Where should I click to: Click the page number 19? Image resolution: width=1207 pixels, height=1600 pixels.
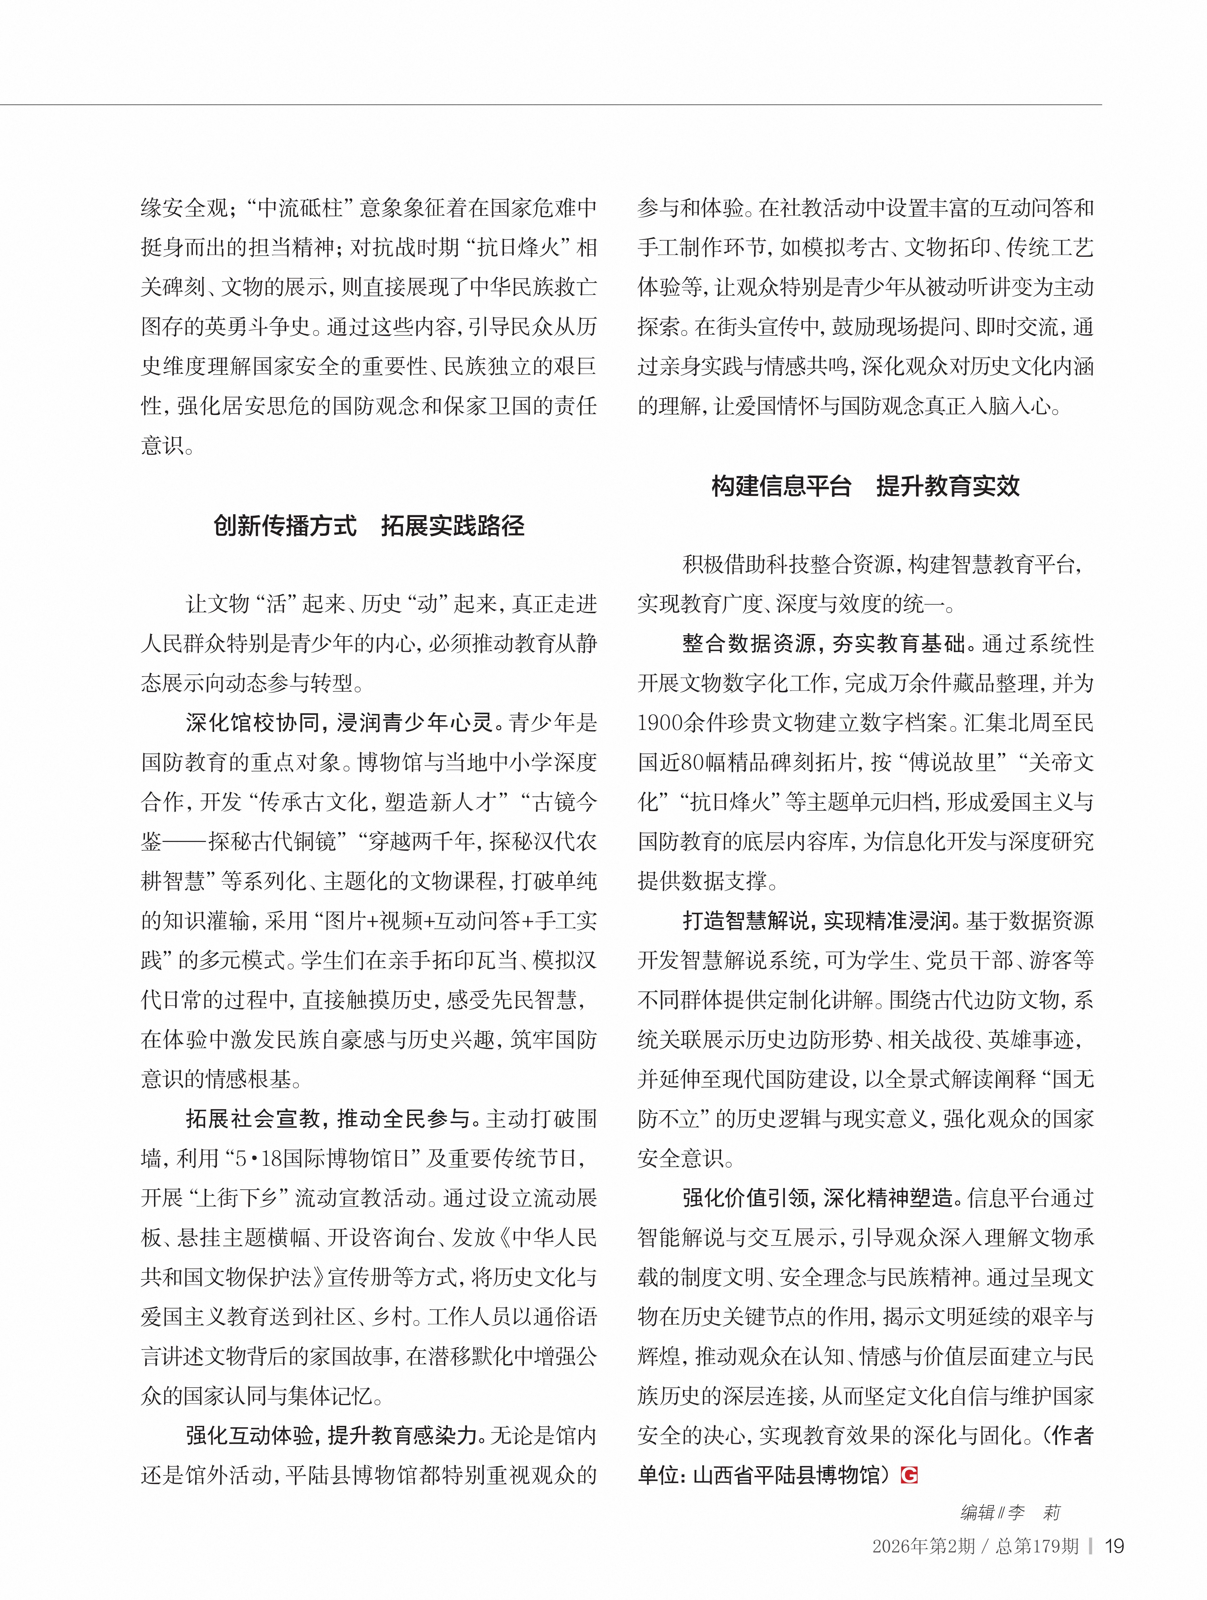tap(1114, 1546)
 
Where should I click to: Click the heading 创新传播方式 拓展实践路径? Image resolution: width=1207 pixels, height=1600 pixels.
tap(369, 526)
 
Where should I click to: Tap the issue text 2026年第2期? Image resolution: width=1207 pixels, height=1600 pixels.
tap(923, 1546)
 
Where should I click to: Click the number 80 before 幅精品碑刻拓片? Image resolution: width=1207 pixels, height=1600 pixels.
tap(693, 762)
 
